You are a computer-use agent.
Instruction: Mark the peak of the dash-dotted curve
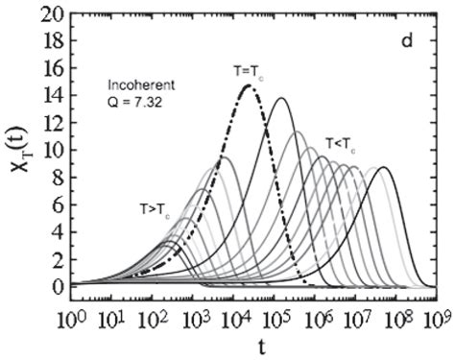pyautogui.click(x=248, y=85)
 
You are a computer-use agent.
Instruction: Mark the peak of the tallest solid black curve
pyautogui.click(x=281, y=98)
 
